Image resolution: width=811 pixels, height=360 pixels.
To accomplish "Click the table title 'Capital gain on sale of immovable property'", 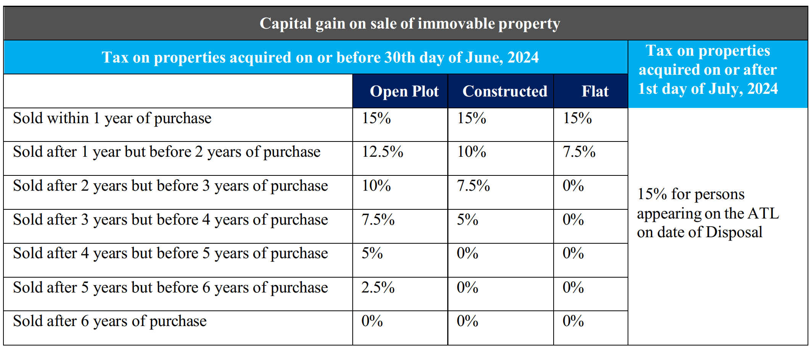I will tap(410, 24).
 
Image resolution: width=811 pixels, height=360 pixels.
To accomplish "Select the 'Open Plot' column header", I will tap(404, 92).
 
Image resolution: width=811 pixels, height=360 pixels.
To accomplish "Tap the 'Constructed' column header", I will tap(504, 92).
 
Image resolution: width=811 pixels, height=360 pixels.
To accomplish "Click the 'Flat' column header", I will tap(594, 92).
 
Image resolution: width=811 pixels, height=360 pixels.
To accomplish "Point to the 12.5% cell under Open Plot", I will tap(382, 152).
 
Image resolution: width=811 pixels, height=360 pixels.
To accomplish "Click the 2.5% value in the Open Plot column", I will tap(378, 288).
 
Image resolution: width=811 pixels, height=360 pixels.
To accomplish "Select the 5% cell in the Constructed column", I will tap(467, 220).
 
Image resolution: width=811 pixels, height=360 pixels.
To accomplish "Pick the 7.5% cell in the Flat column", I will tap(579, 152).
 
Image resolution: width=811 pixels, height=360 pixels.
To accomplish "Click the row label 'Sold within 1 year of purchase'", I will tap(112, 118).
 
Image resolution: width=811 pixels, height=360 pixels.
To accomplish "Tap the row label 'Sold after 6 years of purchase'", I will tap(110, 321).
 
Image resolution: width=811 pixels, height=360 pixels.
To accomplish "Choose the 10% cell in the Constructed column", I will tap(472, 152).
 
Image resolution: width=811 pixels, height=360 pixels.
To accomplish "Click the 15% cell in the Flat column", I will tap(577, 118).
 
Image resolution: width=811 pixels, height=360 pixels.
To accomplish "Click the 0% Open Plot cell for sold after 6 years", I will tap(372, 321).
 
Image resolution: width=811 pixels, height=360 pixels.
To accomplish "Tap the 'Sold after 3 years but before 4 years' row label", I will tap(170, 220).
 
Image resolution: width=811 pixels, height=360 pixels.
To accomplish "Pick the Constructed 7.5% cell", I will tap(473, 186).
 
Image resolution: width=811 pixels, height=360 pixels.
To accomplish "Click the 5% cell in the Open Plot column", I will tap(372, 254).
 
